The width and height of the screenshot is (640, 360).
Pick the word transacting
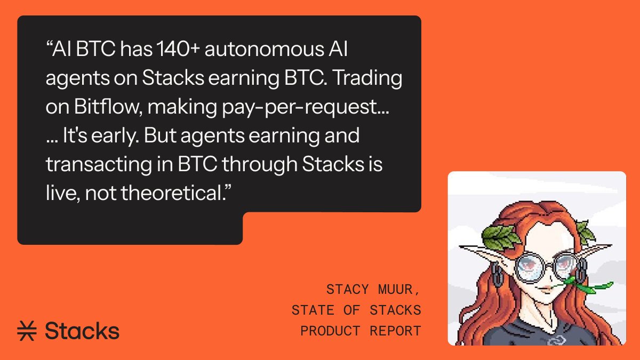[99, 164]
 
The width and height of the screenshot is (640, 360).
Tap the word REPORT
[395, 331]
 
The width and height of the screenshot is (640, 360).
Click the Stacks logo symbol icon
[27, 331]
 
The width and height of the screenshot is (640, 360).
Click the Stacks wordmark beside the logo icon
[82, 331]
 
